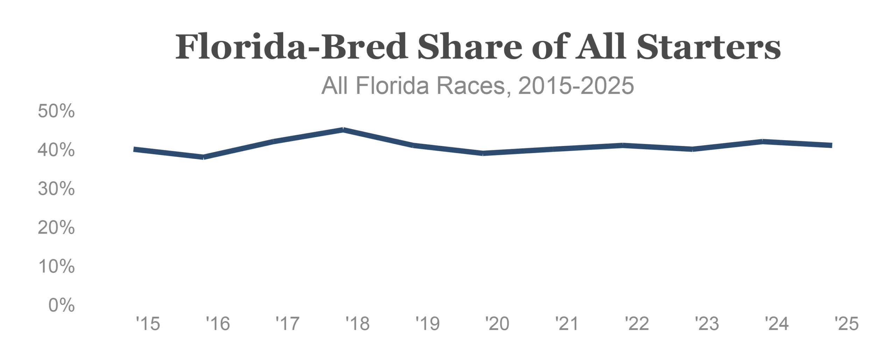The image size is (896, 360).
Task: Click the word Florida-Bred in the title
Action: tap(291, 47)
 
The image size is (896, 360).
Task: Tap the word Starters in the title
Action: tap(708, 47)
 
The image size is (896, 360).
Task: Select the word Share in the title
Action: tap(470, 47)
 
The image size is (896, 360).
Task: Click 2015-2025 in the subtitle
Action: tap(576, 86)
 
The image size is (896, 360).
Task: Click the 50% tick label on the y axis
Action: tap(56, 111)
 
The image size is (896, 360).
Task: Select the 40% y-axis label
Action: tap(56, 150)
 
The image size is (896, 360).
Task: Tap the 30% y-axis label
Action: tap(56, 189)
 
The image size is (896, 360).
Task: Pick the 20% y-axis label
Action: tap(56, 228)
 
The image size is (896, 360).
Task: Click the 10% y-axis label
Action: tap(56, 266)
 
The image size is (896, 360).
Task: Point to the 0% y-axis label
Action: tap(62, 305)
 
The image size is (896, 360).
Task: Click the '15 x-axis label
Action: tap(148, 324)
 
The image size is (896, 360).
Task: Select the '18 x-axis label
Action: tap(357, 324)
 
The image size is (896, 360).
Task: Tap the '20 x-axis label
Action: tap(497, 324)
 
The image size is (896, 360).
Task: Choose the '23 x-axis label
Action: tap(707, 324)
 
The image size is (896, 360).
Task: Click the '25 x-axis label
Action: tap(846, 324)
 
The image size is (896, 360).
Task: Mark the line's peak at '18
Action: tap(343, 130)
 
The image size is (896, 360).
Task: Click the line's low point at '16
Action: tap(204, 157)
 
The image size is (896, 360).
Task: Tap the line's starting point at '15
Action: tap(134, 150)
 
